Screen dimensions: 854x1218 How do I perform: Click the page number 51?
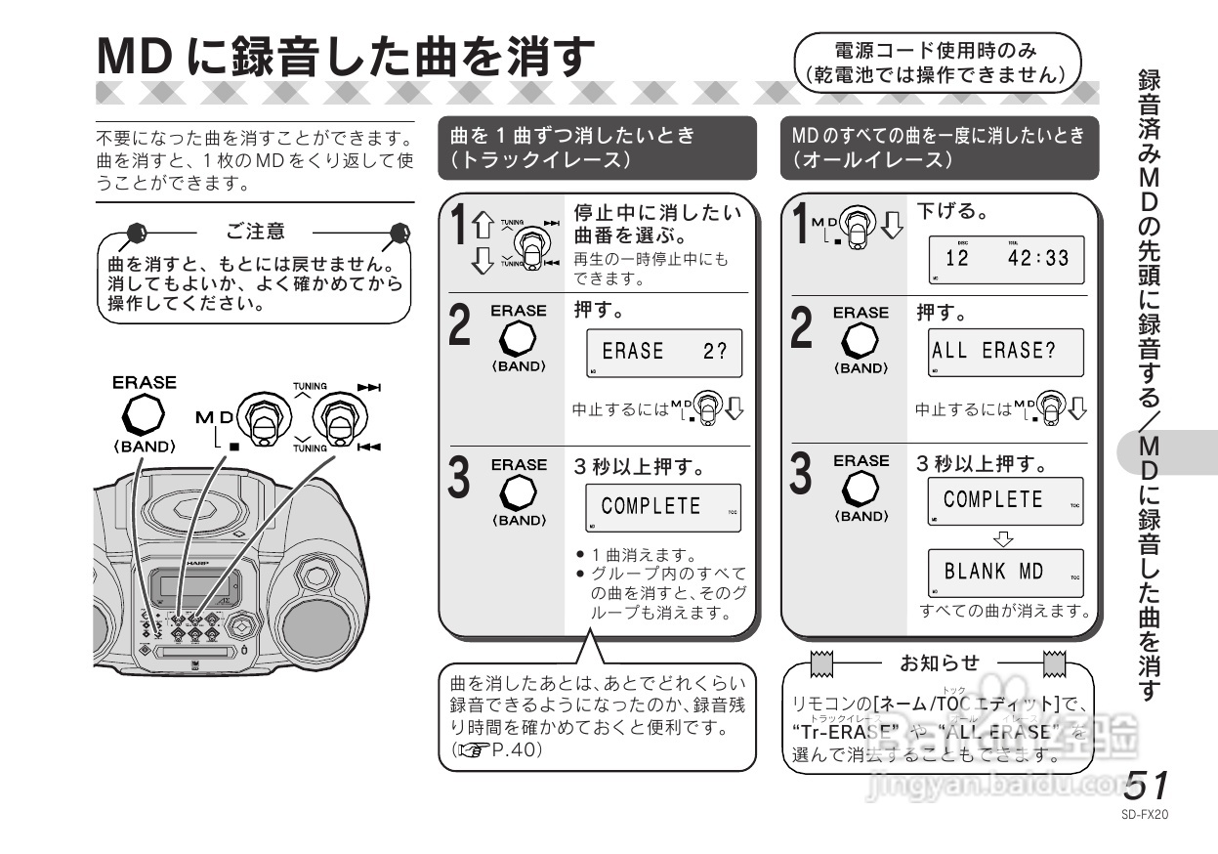pos(1147,787)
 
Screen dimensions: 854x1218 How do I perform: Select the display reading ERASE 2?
pos(663,353)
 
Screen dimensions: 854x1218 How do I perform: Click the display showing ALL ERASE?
pos(1005,353)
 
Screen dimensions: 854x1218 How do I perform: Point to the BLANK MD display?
pos(1005,574)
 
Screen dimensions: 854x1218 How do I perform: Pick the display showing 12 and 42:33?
pos(1005,260)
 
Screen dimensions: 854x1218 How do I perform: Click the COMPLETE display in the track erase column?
pos(663,507)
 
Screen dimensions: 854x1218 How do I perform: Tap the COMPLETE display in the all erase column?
pos(1005,501)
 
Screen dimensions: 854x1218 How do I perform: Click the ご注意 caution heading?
pos(256,232)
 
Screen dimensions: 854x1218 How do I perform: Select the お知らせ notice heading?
pos(939,663)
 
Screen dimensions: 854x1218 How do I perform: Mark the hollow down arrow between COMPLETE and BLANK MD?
pos(1004,536)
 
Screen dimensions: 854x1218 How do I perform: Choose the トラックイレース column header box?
pos(597,148)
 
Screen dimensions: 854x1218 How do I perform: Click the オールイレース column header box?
pos(939,148)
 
